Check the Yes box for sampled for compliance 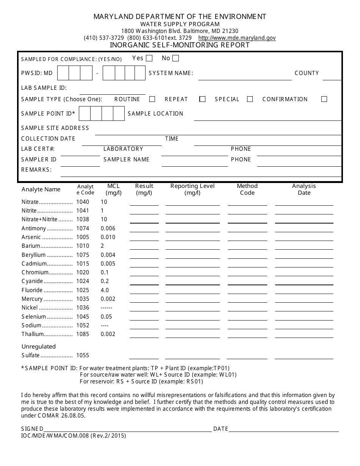point(149,58)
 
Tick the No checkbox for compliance point(175,58)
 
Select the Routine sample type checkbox point(152,99)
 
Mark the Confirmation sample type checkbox point(324,99)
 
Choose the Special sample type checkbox point(250,99)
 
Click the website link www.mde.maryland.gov point(237,38)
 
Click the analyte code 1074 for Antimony point(83,228)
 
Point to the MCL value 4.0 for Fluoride point(105,290)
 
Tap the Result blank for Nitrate point(144,202)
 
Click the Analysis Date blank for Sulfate point(304,356)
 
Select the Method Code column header point(247,189)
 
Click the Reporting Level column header point(193,189)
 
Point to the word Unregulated point(39,346)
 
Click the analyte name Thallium point(33,334)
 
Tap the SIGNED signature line point(127,429)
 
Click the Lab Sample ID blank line point(112,91)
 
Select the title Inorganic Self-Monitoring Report point(180,45)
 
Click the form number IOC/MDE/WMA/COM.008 point(55,436)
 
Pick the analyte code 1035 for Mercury point(83,299)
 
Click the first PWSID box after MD point(63,73)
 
